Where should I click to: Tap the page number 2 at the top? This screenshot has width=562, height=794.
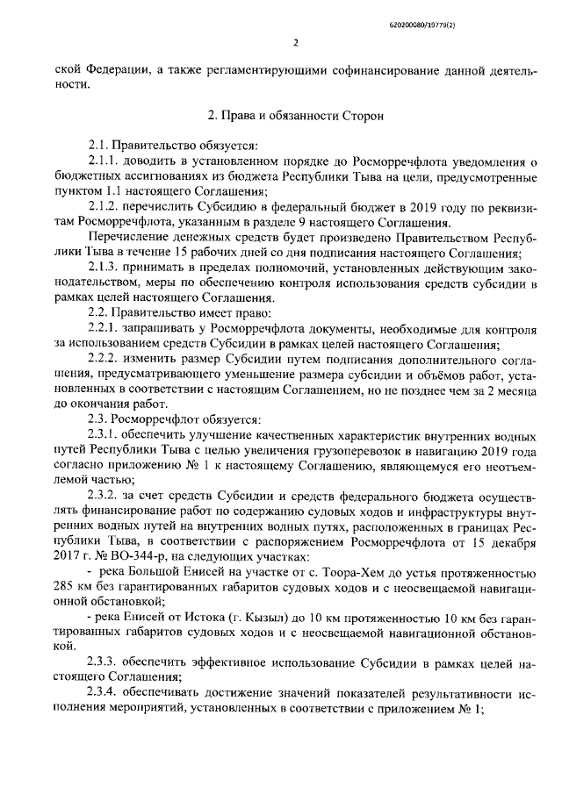pos(295,42)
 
